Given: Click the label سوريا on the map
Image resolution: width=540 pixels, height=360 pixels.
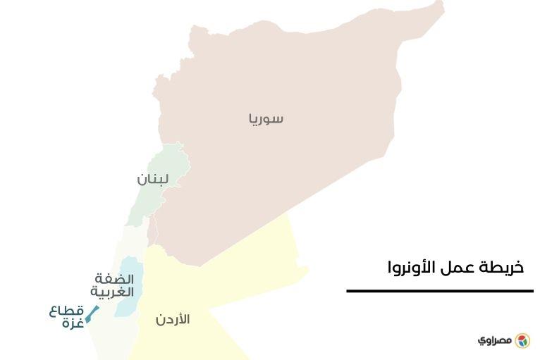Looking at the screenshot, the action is pyautogui.click(x=266, y=118).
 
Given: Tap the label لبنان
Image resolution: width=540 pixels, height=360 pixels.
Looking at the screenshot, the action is pyautogui.click(x=153, y=179).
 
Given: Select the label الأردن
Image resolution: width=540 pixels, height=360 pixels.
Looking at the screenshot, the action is pyautogui.click(x=173, y=320).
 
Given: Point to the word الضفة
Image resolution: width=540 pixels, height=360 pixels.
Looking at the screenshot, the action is pyautogui.click(x=113, y=279).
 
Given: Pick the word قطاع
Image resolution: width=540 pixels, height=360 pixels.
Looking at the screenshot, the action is pyautogui.click(x=66, y=311).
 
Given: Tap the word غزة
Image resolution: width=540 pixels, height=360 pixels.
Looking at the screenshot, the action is pyautogui.click(x=73, y=323).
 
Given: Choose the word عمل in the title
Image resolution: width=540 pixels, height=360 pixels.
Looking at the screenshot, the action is pyautogui.click(x=459, y=268).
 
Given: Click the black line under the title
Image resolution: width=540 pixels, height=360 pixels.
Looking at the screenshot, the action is pyautogui.click(x=439, y=290).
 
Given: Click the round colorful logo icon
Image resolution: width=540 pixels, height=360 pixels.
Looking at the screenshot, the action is pyautogui.click(x=522, y=341).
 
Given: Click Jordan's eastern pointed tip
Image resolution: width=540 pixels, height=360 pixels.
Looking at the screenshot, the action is pyautogui.click(x=307, y=268).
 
